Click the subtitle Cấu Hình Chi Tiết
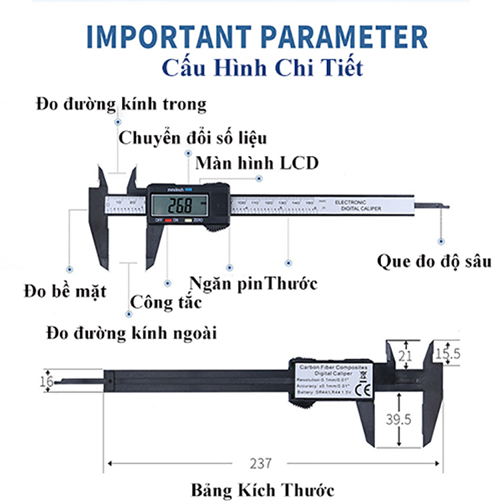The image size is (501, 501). tap(261, 67)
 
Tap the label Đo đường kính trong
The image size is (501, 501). tap(121, 103)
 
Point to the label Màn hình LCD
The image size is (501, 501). tap(257, 163)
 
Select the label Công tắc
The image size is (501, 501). tap(166, 303)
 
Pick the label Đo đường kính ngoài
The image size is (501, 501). tap(132, 333)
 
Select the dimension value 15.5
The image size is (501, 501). tap(447, 354)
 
